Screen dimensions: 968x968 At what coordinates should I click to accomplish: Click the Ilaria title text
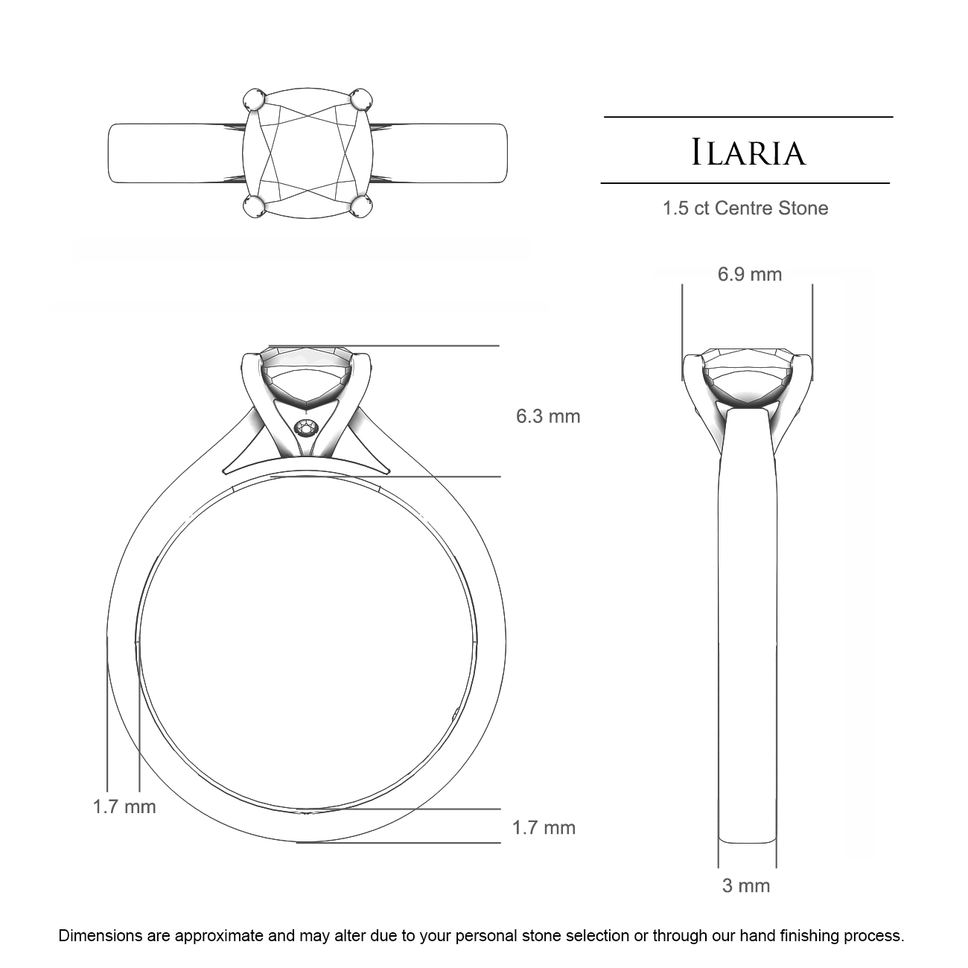click(748, 153)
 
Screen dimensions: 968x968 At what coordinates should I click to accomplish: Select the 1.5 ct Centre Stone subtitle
click(745, 208)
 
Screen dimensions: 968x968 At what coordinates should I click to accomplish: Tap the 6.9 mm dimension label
click(750, 274)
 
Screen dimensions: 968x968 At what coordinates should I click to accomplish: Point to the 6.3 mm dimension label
click(548, 415)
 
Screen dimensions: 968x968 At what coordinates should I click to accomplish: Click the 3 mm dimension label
click(746, 885)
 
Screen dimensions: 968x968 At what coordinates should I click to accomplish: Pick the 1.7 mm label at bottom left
click(124, 806)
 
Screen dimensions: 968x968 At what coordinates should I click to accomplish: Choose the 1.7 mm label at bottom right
click(544, 827)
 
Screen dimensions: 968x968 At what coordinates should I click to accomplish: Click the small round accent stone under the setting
click(307, 428)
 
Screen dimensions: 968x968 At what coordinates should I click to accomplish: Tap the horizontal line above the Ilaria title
click(748, 117)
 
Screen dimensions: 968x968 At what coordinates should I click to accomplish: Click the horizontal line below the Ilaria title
click(745, 182)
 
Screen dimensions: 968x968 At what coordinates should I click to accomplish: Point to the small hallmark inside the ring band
click(456, 714)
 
